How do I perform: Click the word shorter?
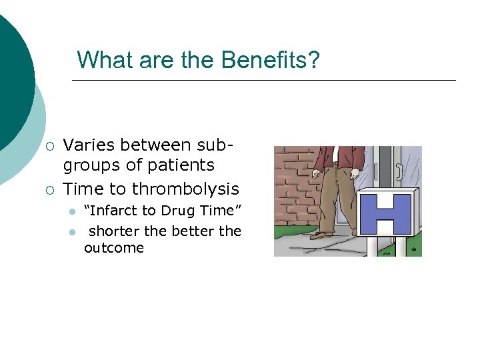[x=115, y=231]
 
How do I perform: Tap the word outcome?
[x=113, y=248]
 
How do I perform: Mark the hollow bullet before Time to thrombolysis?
[x=50, y=190]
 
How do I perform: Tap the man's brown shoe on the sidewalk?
[x=323, y=234]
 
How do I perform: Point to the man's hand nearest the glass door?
[x=355, y=174]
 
